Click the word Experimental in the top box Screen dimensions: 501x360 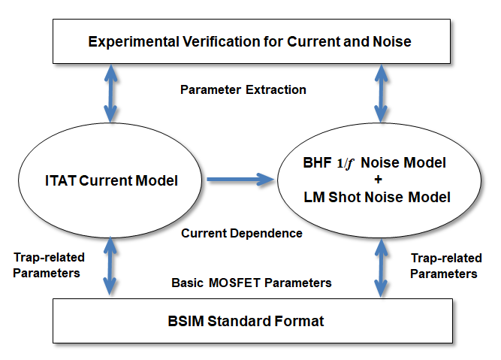point(134,42)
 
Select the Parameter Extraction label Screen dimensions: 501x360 point(243,90)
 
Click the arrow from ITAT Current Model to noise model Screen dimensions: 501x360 point(240,180)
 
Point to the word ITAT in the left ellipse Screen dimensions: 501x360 point(61,180)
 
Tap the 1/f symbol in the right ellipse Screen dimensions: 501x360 point(345,163)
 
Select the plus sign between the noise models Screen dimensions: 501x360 point(379,180)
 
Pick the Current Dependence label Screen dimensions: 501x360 point(242,234)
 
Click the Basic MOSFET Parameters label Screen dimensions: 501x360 point(252,283)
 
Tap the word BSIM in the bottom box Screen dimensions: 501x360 point(186,321)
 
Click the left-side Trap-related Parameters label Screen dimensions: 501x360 point(49,265)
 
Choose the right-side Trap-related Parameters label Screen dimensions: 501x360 point(446,266)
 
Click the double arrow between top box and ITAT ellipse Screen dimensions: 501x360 point(110,93)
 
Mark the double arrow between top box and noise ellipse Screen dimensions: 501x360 point(381,93)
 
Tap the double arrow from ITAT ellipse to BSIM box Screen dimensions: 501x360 point(110,266)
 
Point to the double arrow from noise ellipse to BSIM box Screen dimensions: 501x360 point(381,268)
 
